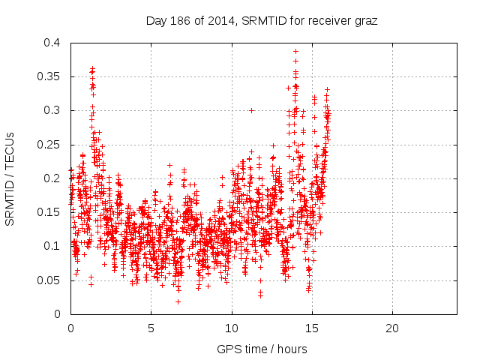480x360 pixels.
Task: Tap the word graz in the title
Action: click(365, 20)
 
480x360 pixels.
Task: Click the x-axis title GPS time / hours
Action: click(262, 349)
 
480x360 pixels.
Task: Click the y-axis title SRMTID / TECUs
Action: click(10, 178)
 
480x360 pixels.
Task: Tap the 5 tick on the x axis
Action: click(151, 328)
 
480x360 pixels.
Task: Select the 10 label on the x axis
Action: click(232, 328)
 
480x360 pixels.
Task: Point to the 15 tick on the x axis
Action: click(312, 328)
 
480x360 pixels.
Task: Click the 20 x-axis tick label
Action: click(392, 328)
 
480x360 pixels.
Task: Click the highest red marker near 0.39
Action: click(295, 51)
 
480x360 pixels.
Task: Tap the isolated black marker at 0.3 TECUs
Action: click(251, 110)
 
